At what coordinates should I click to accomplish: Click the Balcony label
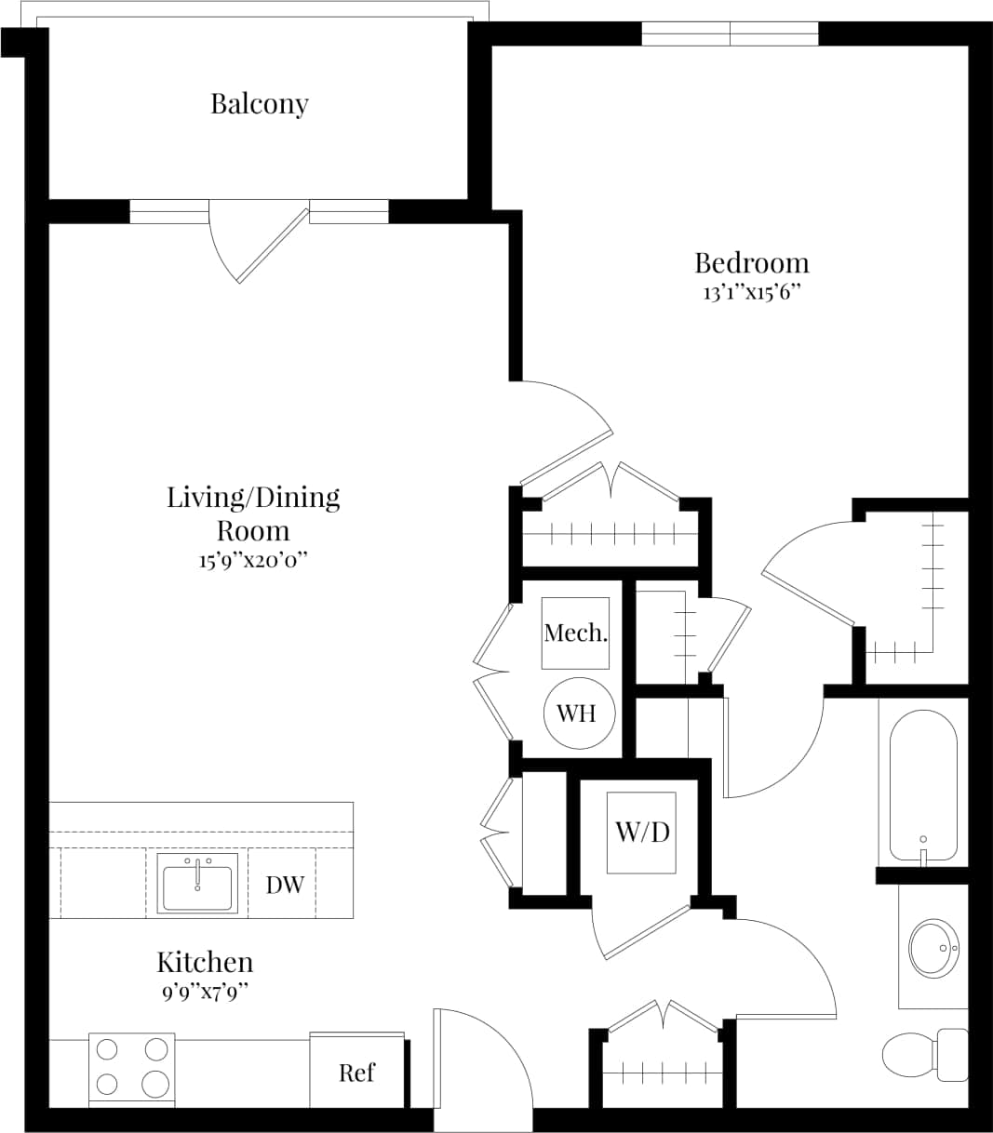[259, 103]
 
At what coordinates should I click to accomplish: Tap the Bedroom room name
[752, 262]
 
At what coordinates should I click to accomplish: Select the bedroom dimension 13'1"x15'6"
[752, 292]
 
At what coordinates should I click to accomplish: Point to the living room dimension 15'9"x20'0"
[252, 561]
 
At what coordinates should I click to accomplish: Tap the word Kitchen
[205, 962]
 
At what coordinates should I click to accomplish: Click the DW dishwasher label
[285, 885]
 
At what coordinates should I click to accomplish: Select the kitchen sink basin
[197, 884]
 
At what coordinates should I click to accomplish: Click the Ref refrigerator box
[357, 1072]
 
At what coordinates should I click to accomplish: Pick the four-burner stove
[132, 1068]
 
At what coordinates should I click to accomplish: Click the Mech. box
[576, 633]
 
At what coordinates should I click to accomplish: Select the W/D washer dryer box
[642, 832]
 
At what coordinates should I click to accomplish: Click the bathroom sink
[933, 947]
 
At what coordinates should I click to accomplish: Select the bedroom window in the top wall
[730, 33]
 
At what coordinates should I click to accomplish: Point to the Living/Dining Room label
[252, 513]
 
